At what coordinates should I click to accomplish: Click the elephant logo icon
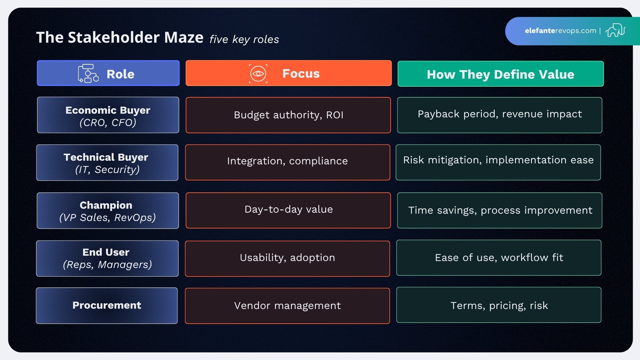[x=615, y=30]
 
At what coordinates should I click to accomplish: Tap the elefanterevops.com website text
[x=560, y=31]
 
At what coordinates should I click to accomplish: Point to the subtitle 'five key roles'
[x=244, y=39]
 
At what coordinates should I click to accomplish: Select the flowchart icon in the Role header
[x=88, y=73]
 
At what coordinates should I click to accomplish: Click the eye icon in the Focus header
[x=258, y=73]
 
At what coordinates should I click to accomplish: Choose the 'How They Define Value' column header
[x=500, y=74]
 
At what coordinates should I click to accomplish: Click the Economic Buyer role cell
[x=108, y=115]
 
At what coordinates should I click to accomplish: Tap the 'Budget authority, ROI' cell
[x=288, y=115]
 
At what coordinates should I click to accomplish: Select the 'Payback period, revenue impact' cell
[x=500, y=115]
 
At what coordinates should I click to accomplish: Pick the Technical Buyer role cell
[x=107, y=163]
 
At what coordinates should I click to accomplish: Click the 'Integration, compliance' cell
[x=287, y=162]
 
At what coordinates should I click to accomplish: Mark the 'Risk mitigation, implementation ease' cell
[x=498, y=162]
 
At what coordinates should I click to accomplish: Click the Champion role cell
[x=107, y=211]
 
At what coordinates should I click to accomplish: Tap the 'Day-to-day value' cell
[x=288, y=210]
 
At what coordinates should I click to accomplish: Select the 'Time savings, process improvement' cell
[x=500, y=210]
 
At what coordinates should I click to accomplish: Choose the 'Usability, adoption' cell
[x=287, y=258]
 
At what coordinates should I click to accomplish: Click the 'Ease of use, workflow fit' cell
[x=499, y=258]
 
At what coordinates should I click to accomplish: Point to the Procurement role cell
[x=107, y=306]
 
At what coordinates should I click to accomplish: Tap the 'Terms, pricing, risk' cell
[x=499, y=305]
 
